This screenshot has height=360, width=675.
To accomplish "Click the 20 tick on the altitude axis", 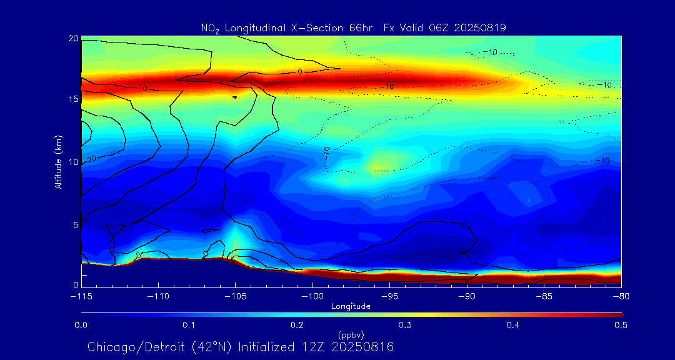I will (72, 39).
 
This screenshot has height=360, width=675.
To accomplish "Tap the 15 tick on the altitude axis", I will (72, 100).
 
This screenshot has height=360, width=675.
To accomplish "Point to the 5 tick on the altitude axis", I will (75, 224).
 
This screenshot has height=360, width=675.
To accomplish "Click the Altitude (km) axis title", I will (59, 162).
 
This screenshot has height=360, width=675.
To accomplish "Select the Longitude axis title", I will (351, 306).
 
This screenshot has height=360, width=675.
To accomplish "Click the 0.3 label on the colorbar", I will (404, 325).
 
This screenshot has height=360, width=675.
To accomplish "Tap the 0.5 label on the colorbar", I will (620, 325).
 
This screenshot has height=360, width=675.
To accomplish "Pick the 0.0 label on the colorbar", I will (81, 325).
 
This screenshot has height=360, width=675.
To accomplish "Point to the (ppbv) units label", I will (351, 335).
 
